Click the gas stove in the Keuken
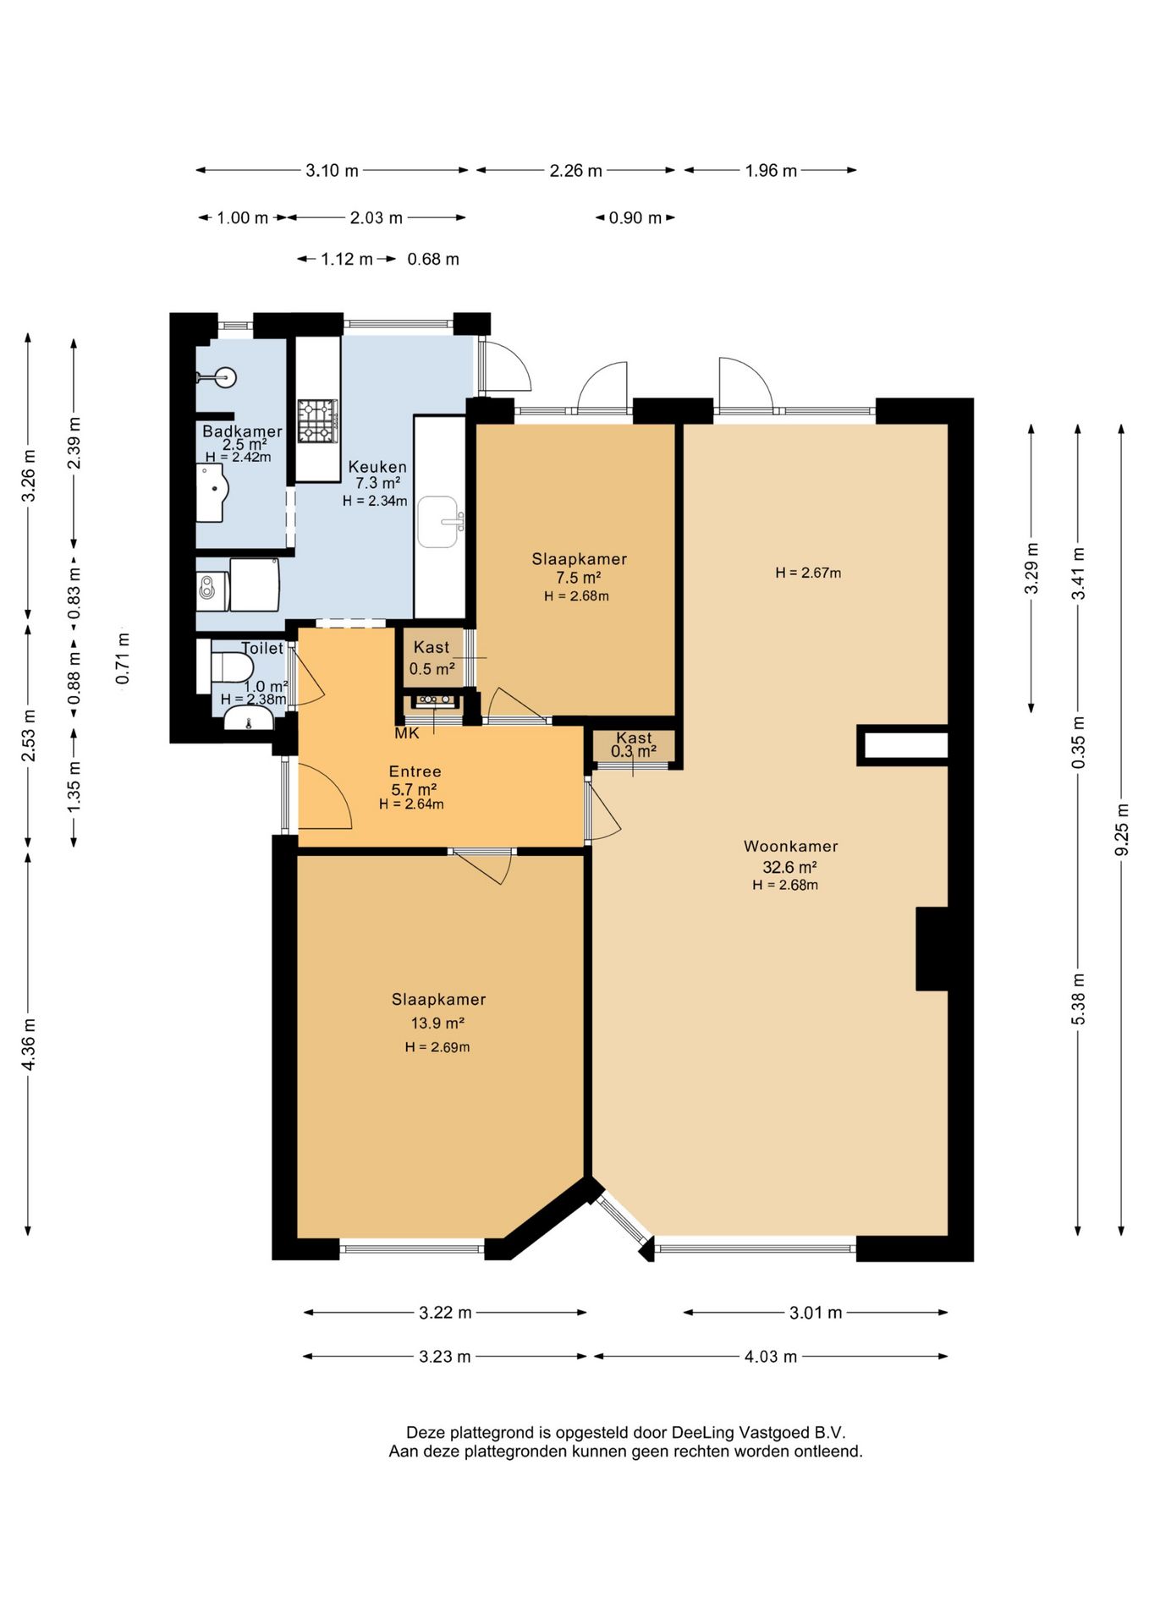coord(317,421)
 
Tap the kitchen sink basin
coord(438,522)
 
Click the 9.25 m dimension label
coord(1122,828)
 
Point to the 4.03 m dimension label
coord(770,1357)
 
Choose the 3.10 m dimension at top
coord(332,171)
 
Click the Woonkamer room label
coord(790,846)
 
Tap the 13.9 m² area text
coord(437,1023)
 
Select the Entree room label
coord(415,771)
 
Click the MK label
coord(407,733)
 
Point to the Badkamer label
coord(242,431)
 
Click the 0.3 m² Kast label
coord(634,751)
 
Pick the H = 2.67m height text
coord(808,573)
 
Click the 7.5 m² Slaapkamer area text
coord(579,578)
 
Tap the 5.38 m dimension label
coord(1078,999)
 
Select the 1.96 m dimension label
coord(771,171)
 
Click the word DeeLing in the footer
coord(703,1433)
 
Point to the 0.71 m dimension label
coord(124,658)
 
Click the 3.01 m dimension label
coord(816,1313)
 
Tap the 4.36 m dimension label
coord(29,1043)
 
